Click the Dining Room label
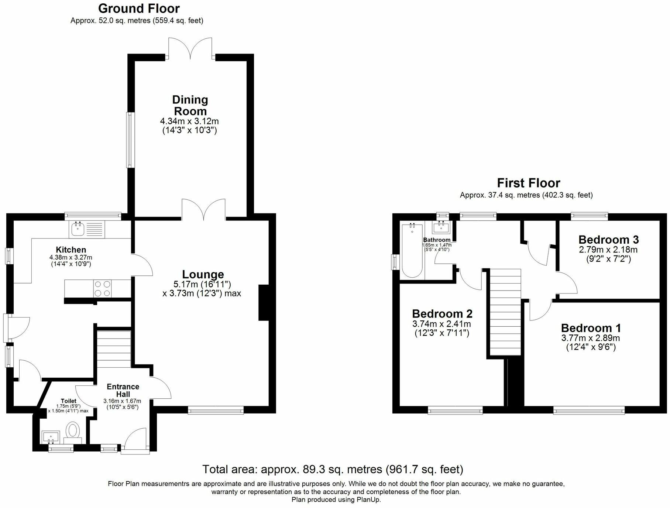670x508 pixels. point(190,106)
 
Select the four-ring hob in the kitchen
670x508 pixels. point(103,289)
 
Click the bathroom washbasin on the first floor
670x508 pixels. point(441,227)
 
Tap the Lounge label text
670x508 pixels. point(203,274)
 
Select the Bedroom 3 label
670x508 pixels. point(608,240)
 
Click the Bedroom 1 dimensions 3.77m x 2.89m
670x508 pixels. point(591,338)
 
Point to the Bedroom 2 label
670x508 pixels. point(442,314)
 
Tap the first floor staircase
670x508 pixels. point(505,312)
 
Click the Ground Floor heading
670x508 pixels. point(139,8)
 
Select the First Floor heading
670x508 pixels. point(528,183)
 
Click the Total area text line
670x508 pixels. point(332,469)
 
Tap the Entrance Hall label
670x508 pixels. point(123,390)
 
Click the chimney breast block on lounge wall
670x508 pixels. point(264,302)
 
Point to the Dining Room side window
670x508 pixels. point(130,140)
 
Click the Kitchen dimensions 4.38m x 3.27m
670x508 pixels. point(71,257)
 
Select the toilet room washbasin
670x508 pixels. point(51,437)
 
